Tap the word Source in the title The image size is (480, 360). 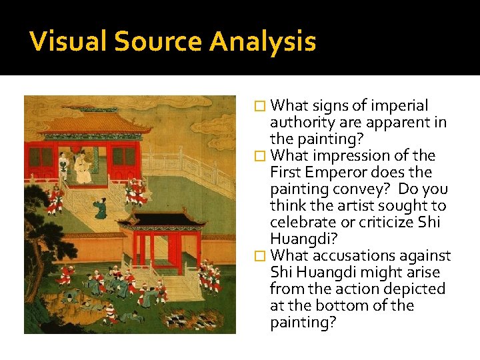click(x=157, y=42)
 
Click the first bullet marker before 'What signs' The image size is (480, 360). click(x=261, y=106)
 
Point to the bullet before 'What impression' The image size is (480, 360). click(x=261, y=156)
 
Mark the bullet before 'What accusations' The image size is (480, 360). click(x=261, y=256)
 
